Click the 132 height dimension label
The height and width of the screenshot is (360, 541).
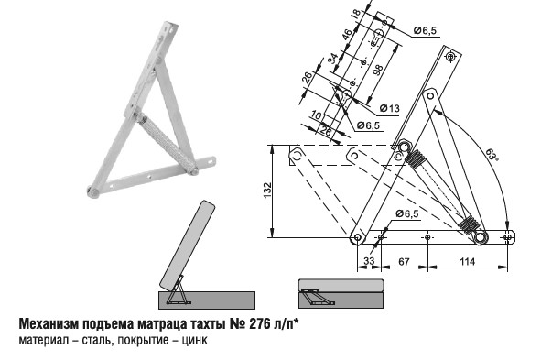point(267,191)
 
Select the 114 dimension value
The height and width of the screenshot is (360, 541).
point(467,262)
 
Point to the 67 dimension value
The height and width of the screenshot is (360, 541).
point(404,262)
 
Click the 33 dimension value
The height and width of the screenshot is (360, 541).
point(369,261)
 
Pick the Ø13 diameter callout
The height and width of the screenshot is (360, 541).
point(390,108)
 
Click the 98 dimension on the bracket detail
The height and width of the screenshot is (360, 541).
point(378,70)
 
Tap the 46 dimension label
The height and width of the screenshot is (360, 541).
point(347,35)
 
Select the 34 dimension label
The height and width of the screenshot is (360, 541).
point(332,59)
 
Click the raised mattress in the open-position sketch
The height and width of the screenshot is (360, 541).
point(188,245)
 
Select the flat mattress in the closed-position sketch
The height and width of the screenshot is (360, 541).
point(341,285)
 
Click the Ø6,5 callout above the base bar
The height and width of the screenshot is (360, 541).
point(406,213)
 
